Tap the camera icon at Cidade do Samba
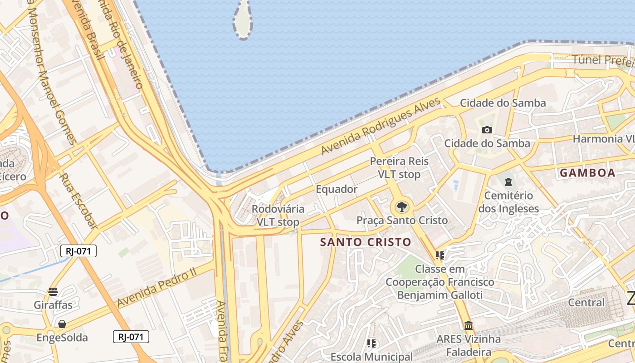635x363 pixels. [487, 130]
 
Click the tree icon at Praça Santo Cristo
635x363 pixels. [401, 207]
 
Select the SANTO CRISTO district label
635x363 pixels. [366, 242]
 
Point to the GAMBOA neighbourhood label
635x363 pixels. [587, 173]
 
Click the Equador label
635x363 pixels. [337, 189]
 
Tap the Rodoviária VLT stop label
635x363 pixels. [278, 216]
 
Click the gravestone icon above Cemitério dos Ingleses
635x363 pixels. [508, 182]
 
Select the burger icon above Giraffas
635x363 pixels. [53, 291]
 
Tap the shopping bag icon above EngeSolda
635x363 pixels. [62, 324]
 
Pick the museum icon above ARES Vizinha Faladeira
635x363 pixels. [469, 326]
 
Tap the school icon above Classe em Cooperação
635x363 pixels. [440, 255]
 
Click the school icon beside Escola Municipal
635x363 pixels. [371, 343]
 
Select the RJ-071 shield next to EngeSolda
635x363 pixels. [131, 337]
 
